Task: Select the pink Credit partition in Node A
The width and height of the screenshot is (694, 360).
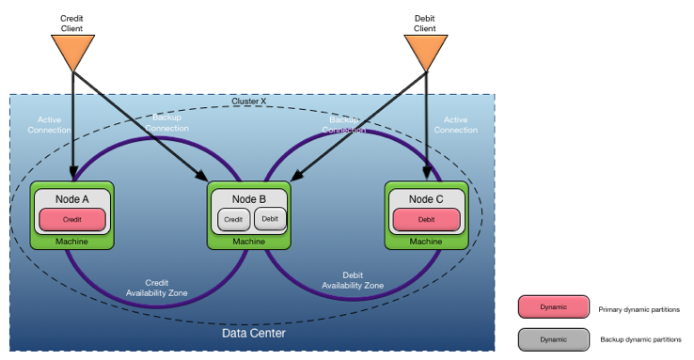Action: click(71, 219)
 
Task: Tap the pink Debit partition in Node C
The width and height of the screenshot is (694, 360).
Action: click(425, 219)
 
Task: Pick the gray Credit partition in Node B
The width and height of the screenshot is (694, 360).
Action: click(233, 219)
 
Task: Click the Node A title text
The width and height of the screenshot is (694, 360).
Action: click(71, 198)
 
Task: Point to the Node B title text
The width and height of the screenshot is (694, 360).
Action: click(249, 198)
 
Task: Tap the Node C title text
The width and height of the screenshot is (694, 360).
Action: click(425, 198)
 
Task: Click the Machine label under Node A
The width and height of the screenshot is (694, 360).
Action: click(71, 242)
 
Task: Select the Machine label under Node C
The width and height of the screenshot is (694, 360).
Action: click(425, 242)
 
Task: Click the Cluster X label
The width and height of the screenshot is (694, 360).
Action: click(249, 102)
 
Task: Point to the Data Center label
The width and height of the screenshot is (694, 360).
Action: click(253, 334)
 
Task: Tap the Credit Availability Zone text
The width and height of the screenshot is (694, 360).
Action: click(157, 287)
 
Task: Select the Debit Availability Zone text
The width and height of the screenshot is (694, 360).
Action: click(353, 279)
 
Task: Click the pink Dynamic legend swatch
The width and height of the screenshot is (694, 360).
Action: click(553, 308)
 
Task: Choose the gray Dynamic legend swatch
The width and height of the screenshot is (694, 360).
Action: click(553, 339)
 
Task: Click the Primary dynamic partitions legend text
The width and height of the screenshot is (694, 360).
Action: click(639, 309)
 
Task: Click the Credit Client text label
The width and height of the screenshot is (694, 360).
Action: click(71, 23)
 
